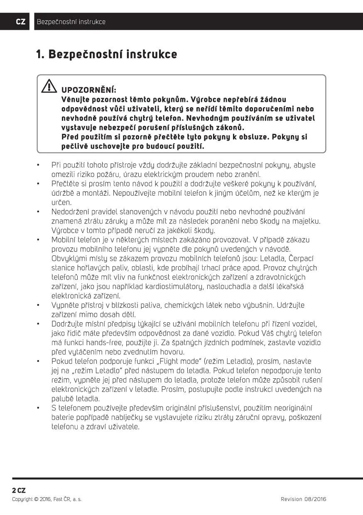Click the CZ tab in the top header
[20, 22]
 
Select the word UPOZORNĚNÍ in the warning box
[88, 90]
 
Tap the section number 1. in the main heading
[40, 54]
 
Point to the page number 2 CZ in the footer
[19, 490]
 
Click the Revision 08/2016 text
[303, 499]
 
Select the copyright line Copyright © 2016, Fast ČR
[47, 499]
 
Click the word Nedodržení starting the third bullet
[71, 212]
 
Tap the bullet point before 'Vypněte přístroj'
[38, 305]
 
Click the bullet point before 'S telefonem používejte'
[38, 408]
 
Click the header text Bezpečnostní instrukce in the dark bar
[71, 22]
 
